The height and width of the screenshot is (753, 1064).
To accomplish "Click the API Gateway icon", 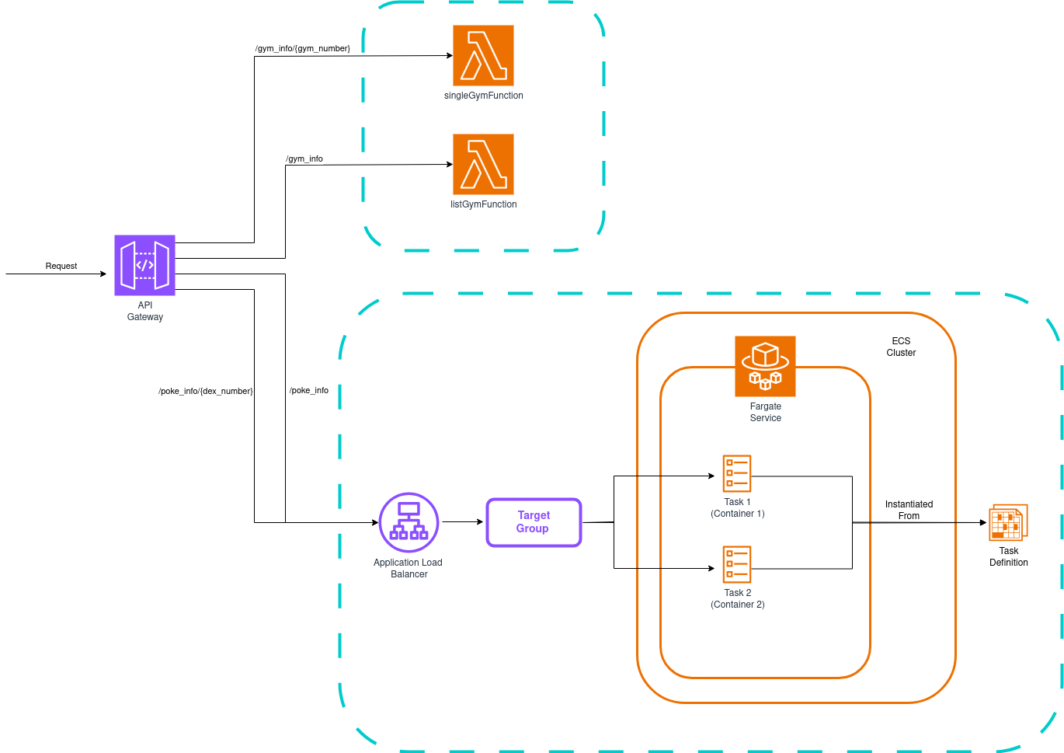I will click(x=144, y=265).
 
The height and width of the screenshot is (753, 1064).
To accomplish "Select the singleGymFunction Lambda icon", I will click(x=483, y=55).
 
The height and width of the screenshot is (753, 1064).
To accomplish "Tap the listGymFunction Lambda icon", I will click(x=483, y=164).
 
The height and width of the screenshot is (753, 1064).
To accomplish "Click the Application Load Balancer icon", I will click(x=409, y=522).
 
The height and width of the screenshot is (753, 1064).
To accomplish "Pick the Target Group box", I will click(x=534, y=522).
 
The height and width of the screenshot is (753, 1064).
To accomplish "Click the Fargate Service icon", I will click(x=765, y=366).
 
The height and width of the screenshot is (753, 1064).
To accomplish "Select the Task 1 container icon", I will click(x=736, y=473).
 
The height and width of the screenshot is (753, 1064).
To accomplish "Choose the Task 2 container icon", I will click(x=736, y=564).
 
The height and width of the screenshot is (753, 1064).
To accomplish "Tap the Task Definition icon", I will click(x=1008, y=522).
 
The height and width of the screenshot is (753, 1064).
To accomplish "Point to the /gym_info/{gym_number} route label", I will click(x=303, y=48).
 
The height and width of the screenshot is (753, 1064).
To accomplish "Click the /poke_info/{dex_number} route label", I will click(x=206, y=391).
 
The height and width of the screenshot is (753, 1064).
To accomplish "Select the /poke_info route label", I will click(x=309, y=390).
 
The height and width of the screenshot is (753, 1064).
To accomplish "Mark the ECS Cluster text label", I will click(x=901, y=347).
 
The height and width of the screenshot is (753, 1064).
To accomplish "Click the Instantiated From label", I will click(x=909, y=510).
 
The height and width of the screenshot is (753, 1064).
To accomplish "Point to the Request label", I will click(x=61, y=266).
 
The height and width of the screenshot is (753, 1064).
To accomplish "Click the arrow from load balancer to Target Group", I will click(x=463, y=522).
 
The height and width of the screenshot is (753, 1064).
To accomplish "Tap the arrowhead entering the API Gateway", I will click(x=103, y=274).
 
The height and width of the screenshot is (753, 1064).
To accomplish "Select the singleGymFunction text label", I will click(x=483, y=96).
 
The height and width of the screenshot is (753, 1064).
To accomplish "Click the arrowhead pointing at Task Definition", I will click(x=983, y=522).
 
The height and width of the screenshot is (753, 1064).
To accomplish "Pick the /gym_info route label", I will click(x=304, y=159).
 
